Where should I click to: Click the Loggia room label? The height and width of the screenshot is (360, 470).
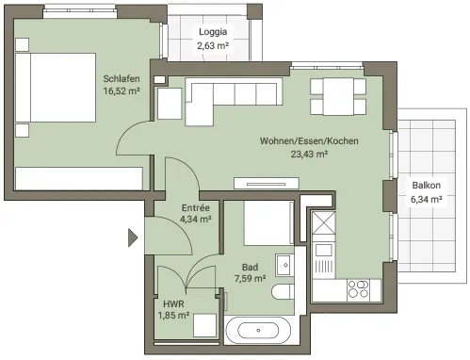(213, 32)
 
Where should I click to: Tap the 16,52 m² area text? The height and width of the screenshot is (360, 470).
(122, 91)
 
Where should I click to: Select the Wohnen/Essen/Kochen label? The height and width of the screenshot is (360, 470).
(309, 141)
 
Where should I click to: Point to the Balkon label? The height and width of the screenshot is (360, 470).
(427, 186)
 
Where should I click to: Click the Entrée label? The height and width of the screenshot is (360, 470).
(196, 207)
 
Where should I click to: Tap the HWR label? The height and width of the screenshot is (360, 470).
(173, 304)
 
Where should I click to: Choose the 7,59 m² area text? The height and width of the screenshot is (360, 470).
(251, 279)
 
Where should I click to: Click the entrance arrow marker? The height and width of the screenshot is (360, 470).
(133, 237)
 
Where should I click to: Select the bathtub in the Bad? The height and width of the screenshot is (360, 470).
(258, 331)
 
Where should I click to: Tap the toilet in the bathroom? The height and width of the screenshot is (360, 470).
(283, 292)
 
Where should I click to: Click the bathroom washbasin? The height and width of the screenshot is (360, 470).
(284, 265)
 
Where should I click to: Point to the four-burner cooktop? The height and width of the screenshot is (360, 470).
(359, 289)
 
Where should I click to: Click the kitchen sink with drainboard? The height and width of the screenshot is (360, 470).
(324, 258)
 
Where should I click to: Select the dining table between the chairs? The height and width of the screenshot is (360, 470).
(338, 96)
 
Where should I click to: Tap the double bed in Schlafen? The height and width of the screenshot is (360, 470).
(56, 88)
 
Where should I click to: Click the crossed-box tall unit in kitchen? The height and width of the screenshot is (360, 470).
(324, 222)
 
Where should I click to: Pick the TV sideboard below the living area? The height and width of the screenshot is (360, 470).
(267, 184)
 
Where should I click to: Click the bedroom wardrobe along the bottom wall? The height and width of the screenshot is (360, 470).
(79, 178)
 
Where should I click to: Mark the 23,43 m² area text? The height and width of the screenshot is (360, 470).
(309, 155)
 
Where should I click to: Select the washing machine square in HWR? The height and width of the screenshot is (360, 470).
(204, 325)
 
